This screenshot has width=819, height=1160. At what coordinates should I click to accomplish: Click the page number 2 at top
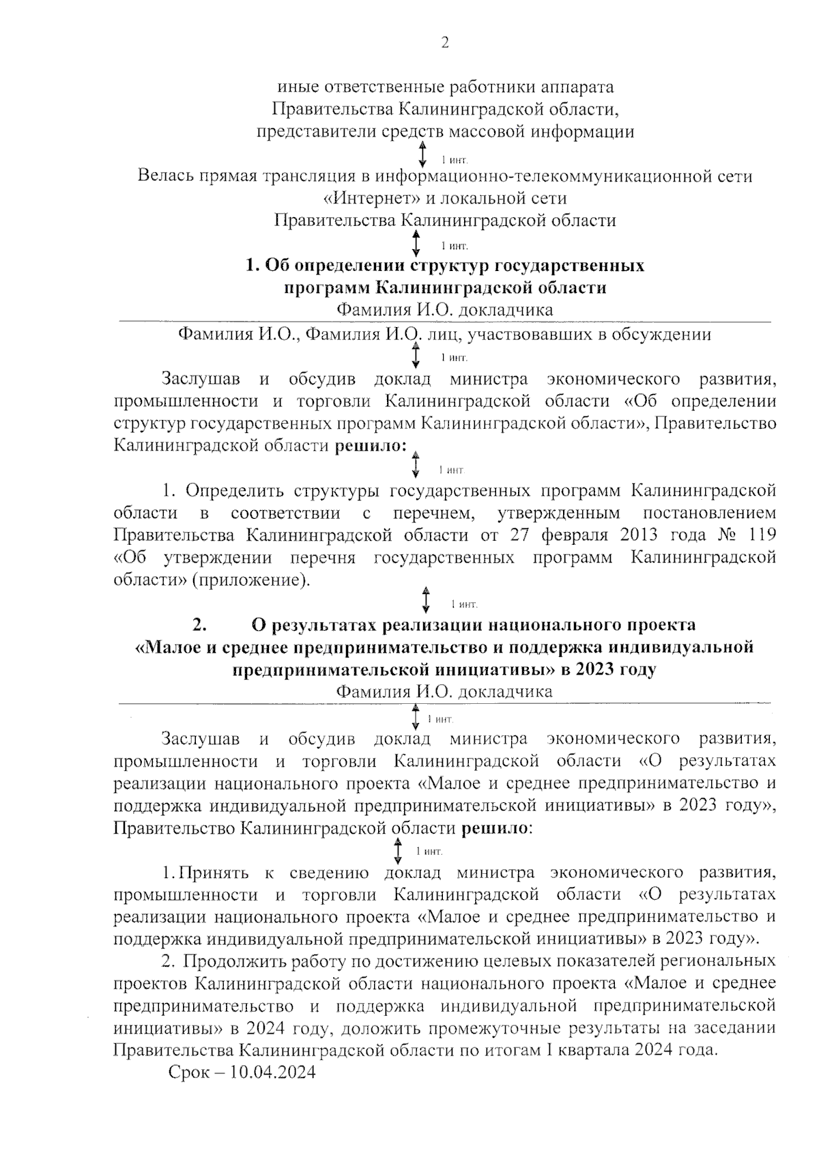tap(445, 43)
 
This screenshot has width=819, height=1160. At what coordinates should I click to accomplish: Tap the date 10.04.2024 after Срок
tap(273, 1072)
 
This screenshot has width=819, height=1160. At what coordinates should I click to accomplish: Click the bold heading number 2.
tap(199, 625)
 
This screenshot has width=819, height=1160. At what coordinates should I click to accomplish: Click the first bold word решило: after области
tap(369, 446)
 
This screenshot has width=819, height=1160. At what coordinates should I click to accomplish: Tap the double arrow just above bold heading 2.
tap(426, 599)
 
